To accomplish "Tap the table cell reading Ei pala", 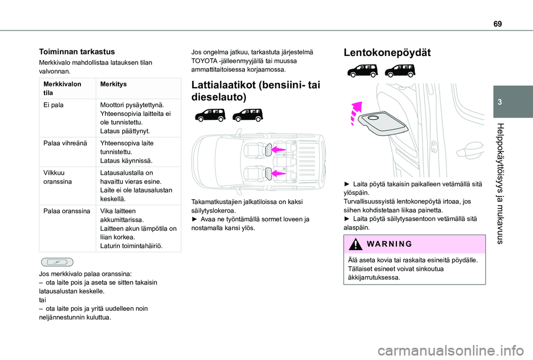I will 53,104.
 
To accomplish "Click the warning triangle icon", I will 354,244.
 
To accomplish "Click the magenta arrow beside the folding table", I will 355,113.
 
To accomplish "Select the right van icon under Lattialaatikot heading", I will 247,115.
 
